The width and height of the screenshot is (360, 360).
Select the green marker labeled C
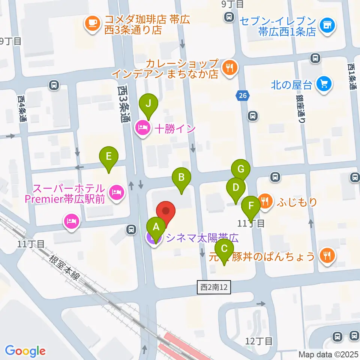[224, 249]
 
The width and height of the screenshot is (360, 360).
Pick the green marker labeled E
[109, 156]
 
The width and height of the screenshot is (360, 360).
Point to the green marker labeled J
[148, 104]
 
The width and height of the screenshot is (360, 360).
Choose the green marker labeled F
[251, 206]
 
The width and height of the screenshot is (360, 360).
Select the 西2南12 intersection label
[214, 288]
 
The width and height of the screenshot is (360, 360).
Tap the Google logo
[25, 351]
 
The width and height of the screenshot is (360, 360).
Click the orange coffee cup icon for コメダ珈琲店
[92, 24]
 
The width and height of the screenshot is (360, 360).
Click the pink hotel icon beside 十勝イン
[142, 129]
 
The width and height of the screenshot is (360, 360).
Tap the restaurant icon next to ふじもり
[265, 201]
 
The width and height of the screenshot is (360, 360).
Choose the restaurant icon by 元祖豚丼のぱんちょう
[326, 256]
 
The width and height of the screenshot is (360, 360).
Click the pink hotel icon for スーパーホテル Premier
[116, 193]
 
